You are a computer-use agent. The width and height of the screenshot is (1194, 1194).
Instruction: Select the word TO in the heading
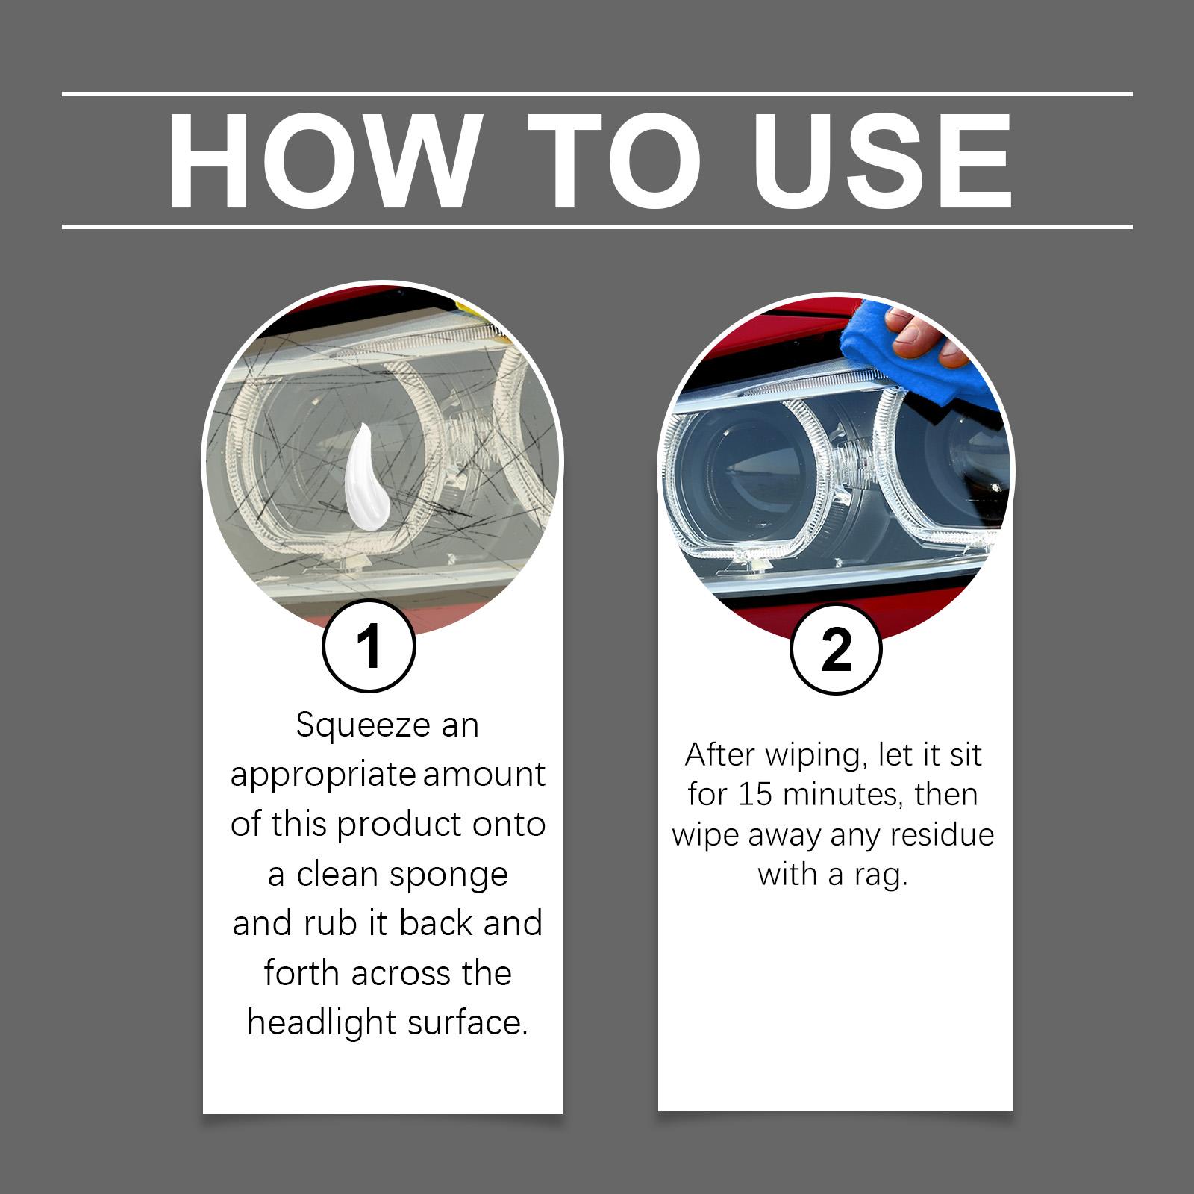pyautogui.click(x=615, y=161)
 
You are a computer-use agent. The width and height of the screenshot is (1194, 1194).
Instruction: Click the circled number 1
pyautogui.click(x=369, y=646)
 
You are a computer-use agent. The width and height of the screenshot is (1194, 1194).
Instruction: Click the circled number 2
pyautogui.click(x=835, y=649)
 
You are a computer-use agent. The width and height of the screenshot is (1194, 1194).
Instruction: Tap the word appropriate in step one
pyautogui.click(x=323, y=776)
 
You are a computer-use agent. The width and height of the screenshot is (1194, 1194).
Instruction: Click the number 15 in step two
pyautogui.click(x=755, y=794)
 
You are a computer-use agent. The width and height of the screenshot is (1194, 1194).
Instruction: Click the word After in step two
pyautogui.click(x=721, y=754)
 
